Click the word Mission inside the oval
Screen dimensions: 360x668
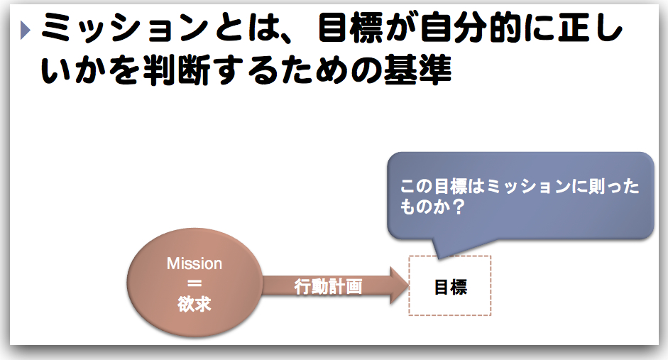195,264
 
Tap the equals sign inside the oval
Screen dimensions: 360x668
195,284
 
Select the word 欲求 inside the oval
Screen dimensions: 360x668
195,304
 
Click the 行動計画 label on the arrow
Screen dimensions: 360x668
329,287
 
